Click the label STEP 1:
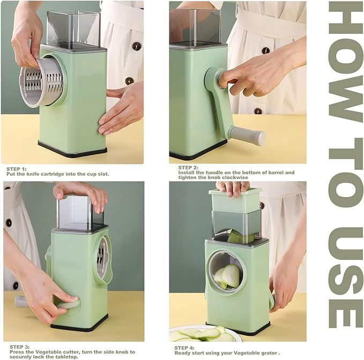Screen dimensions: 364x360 17,169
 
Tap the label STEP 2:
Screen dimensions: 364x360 188,168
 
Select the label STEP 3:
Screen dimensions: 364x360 20,347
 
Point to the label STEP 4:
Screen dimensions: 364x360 184,348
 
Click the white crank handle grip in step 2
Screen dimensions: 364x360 248,135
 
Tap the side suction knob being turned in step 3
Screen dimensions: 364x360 68,304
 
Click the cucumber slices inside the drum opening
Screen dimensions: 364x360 227,277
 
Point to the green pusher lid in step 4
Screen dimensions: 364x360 235,200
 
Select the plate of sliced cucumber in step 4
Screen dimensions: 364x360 204,334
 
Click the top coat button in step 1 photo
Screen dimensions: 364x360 137,46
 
